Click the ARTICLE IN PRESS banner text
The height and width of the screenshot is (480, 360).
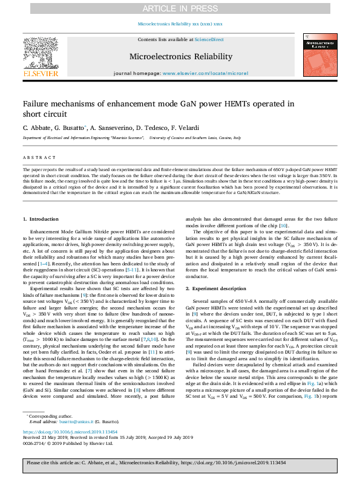[x=180, y=8]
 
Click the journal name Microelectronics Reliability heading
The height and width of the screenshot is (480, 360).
[x=180, y=56]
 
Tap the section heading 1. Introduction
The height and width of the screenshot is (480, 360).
[x=41, y=218]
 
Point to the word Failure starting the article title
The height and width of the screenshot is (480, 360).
[x=36, y=104]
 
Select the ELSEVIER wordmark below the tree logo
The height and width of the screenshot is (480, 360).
[x=41, y=73]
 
